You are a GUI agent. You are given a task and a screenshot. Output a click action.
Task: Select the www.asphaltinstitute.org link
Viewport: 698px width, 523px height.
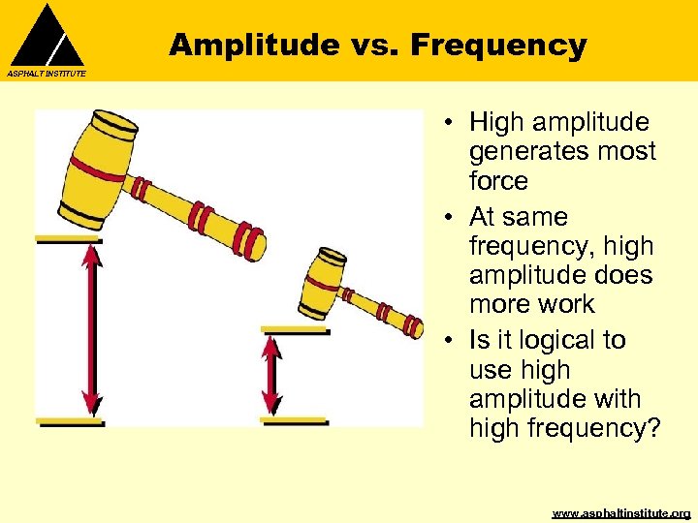point(621,512)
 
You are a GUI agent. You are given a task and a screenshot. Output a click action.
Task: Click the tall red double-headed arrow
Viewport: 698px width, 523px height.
point(90,330)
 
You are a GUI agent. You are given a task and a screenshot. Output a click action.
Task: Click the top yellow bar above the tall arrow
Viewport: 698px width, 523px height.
point(68,239)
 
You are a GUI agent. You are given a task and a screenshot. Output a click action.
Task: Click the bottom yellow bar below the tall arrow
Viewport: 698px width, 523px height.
point(69,422)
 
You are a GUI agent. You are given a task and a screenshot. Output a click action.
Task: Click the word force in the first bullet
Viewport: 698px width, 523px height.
point(498,181)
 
